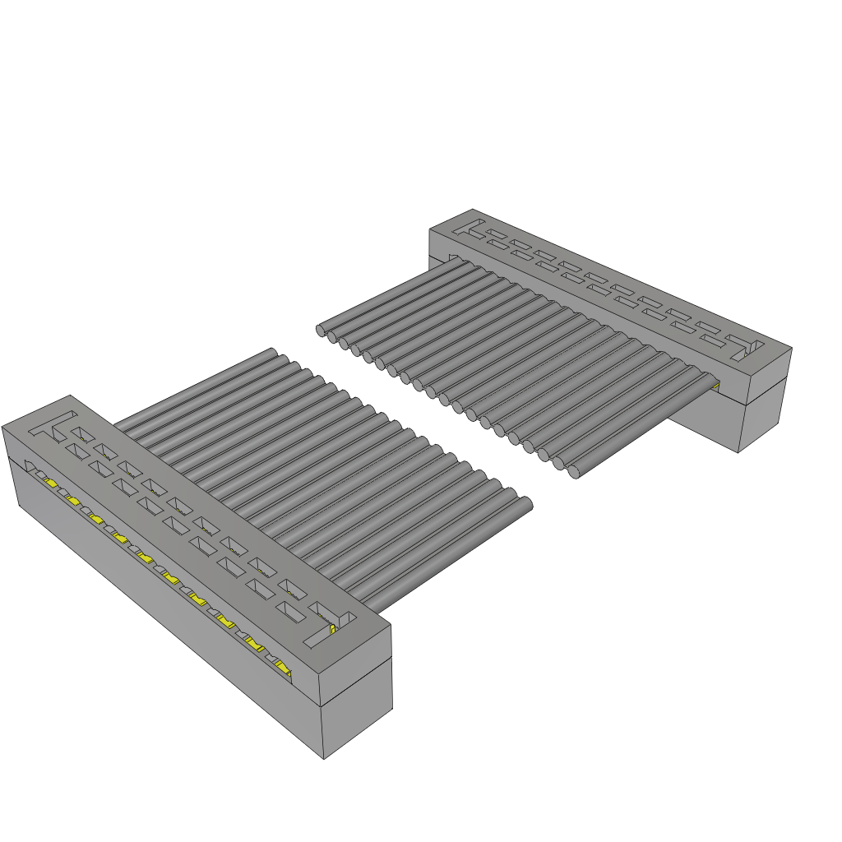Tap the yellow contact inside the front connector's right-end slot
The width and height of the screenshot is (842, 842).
click(x=332, y=630)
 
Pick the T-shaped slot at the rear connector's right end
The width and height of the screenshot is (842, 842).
click(x=743, y=345)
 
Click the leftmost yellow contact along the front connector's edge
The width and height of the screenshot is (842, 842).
click(x=49, y=483)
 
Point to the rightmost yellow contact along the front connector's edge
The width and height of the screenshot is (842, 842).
click(x=284, y=668)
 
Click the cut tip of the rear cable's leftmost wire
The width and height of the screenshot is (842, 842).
click(x=321, y=331)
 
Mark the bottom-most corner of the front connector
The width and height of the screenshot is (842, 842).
click(x=323, y=759)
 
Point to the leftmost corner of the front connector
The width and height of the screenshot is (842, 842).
click(x=2, y=427)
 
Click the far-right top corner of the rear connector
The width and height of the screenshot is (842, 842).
click(x=791, y=347)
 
